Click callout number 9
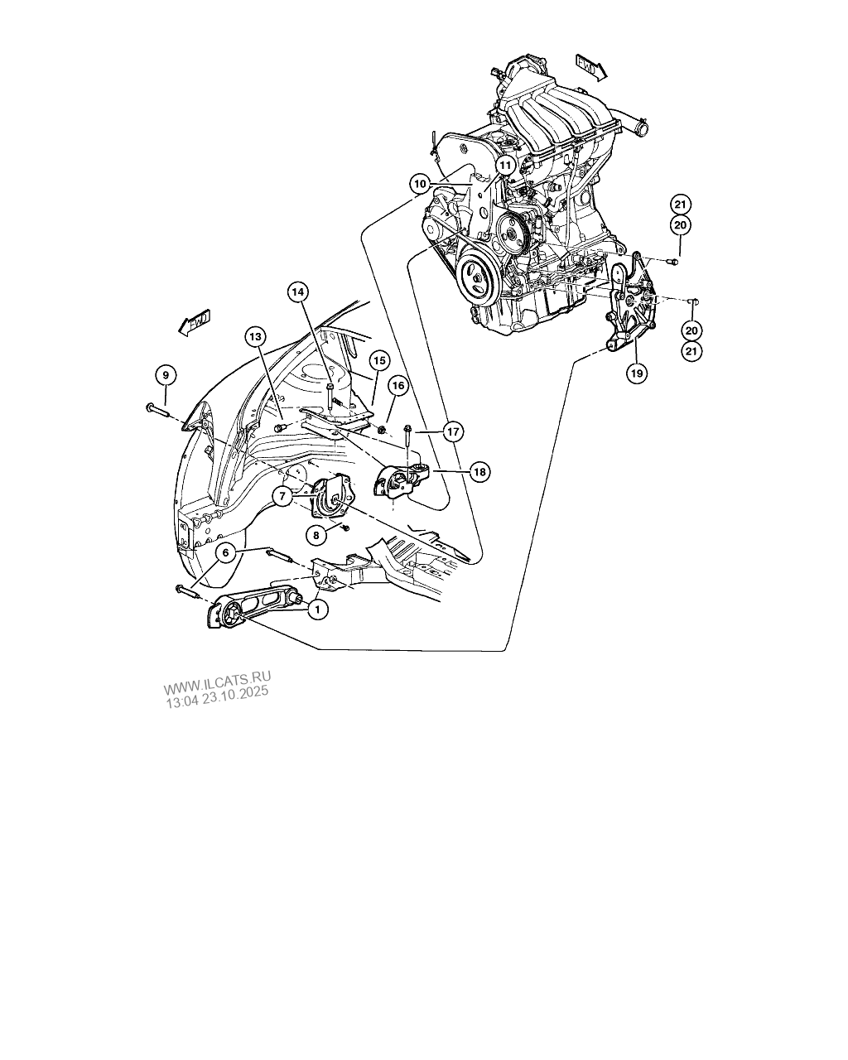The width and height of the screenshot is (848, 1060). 166,375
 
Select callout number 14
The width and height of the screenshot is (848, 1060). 298,292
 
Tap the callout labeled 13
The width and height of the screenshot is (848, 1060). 255,337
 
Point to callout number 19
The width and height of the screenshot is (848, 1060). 637,373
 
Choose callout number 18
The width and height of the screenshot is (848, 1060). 479,472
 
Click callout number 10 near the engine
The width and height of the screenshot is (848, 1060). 420,184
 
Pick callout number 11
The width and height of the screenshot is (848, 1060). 505,166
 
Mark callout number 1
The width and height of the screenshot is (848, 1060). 317,609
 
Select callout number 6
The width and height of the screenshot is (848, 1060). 226,552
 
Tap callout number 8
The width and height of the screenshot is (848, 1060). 316,536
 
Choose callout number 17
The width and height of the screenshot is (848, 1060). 453,432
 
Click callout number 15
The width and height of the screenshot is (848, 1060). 379,360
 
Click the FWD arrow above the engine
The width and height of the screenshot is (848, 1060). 591,68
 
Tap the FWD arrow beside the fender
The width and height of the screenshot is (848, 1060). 194,323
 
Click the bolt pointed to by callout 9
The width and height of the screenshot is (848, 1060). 157,409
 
